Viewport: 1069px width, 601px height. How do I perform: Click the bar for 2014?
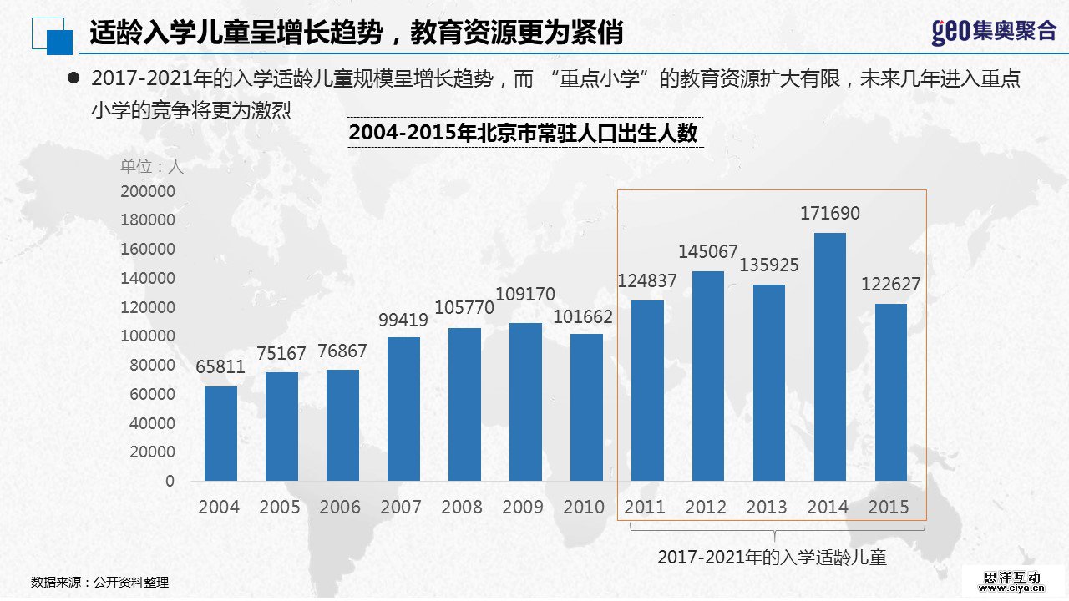[x=829, y=356]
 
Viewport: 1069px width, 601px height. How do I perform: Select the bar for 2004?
[x=220, y=433]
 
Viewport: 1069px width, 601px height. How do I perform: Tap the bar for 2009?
[x=525, y=402]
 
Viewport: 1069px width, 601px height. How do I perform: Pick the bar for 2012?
[x=707, y=376]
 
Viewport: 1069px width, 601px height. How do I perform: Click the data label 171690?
[x=829, y=214]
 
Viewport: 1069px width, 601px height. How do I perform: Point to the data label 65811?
[x=221, y=367]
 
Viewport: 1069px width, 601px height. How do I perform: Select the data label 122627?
[x=890, y=285]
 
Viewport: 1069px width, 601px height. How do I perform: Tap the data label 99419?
[x=403, y=320]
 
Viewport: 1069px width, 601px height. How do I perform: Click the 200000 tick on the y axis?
[x=148, y=191]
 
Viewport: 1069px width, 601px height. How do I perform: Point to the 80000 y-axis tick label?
[x=152, y=365]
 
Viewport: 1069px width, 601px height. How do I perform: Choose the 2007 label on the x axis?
[x=401, y=507]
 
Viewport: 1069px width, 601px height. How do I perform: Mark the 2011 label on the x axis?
[x=645, y=507]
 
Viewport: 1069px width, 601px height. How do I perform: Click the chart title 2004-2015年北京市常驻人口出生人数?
[x=523, y=133]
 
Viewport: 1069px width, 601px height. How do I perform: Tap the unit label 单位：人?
[x=151, y=165]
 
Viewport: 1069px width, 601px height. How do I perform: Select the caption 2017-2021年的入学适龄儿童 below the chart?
[x=772, y=557]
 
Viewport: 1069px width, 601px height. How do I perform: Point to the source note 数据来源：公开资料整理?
[x=99, y=583]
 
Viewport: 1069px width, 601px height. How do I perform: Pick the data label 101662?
[x=583, y=317]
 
